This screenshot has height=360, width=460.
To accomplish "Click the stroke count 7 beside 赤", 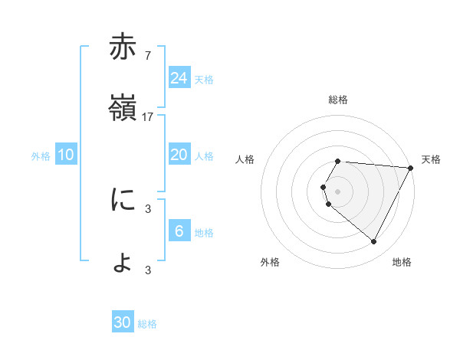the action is point(147,56).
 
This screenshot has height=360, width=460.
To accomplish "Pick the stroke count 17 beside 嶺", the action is point(148,117).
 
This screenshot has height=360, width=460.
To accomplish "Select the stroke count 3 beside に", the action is point(147,208).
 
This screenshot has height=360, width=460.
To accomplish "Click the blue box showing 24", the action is point(179,78).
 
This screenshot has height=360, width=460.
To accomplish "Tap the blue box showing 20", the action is point(179,155).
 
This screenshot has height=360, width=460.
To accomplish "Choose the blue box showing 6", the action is point(179,231).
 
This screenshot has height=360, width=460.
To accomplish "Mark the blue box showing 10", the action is point(66,155).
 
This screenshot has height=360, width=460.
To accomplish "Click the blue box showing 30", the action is point(123,322).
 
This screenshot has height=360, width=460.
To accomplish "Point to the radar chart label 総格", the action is point(338,100).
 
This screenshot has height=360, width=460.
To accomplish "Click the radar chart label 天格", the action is point(431,159).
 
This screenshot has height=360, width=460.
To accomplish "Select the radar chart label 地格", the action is point(402,262).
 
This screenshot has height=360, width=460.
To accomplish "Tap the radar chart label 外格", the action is point(270,262).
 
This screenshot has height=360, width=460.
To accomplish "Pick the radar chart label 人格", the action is point(245,159).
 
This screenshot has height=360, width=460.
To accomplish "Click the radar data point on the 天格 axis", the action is point(411,167).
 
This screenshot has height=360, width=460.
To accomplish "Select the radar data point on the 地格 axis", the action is point(374,242).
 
